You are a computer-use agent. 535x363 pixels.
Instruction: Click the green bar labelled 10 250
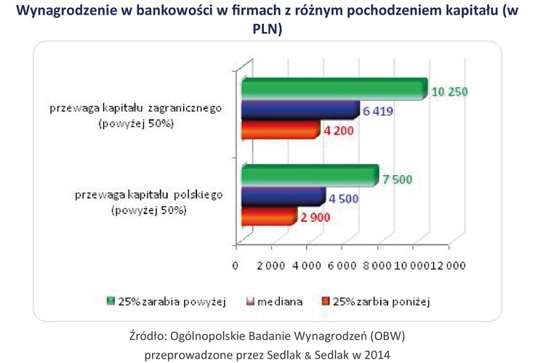(334, 89)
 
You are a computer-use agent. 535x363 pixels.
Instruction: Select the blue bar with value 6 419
(300, 110)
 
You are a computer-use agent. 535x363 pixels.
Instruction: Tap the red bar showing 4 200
(281, 130)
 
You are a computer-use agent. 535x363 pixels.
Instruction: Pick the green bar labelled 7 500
(310, 176)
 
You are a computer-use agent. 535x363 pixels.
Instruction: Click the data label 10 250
(449, 91)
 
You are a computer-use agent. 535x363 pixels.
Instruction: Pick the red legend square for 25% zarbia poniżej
(325, 300)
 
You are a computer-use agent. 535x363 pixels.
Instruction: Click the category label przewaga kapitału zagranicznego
(135, 109)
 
